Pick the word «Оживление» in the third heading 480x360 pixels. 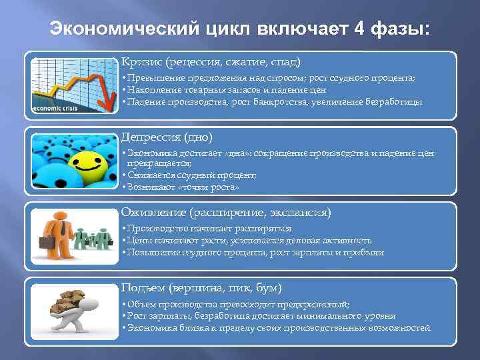tap(153, 213)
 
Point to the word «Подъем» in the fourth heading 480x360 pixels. tap(141, 288)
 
